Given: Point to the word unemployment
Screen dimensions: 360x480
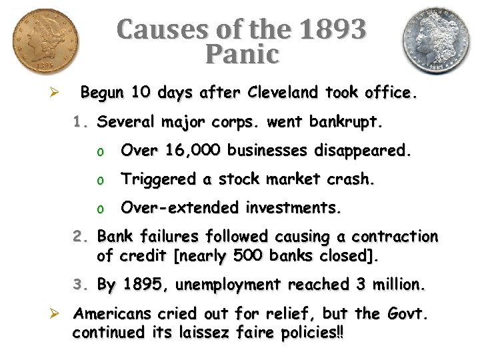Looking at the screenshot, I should pos(228,285).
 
